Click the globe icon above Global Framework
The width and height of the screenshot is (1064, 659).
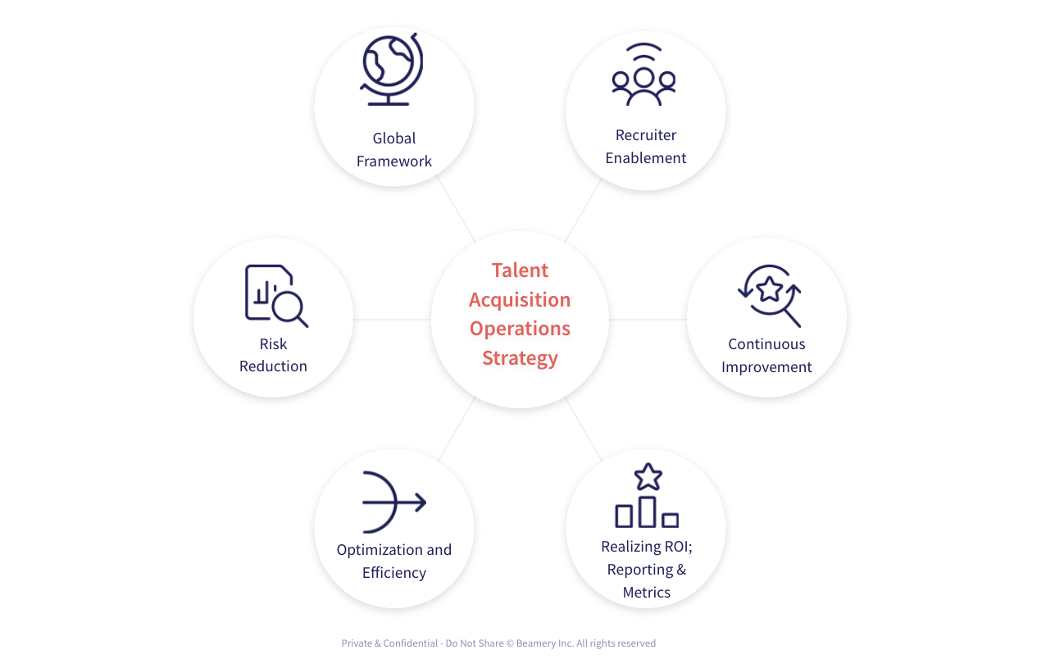click(x=390, y=69)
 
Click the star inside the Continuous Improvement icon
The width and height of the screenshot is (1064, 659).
click(x=768, y=289)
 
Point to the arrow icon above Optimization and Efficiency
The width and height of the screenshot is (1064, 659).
click(x=393, y=502)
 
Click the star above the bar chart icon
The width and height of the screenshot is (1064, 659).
click(x=648, y=476)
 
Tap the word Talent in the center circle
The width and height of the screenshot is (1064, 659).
click(x=520, y=270)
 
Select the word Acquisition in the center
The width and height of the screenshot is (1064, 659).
click(x=520, y=300)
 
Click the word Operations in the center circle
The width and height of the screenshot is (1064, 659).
click(x=520, y=329)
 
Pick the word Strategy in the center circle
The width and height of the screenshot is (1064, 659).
click(x=520, y=358)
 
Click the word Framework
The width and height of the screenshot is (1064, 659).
click(x=394, y=161)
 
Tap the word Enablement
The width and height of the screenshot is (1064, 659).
click(x=646, y=158)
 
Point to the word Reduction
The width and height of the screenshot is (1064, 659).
click(x=273, y=366)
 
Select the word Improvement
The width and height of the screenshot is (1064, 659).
click(x=766, y=367)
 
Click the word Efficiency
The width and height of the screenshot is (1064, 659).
click(x=394, y=573)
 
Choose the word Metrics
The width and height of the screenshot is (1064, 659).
click(x=647, y=593)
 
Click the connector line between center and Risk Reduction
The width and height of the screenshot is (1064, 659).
click(x=392, y=320)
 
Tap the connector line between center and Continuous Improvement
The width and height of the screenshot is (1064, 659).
click(x=648, y=320)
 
